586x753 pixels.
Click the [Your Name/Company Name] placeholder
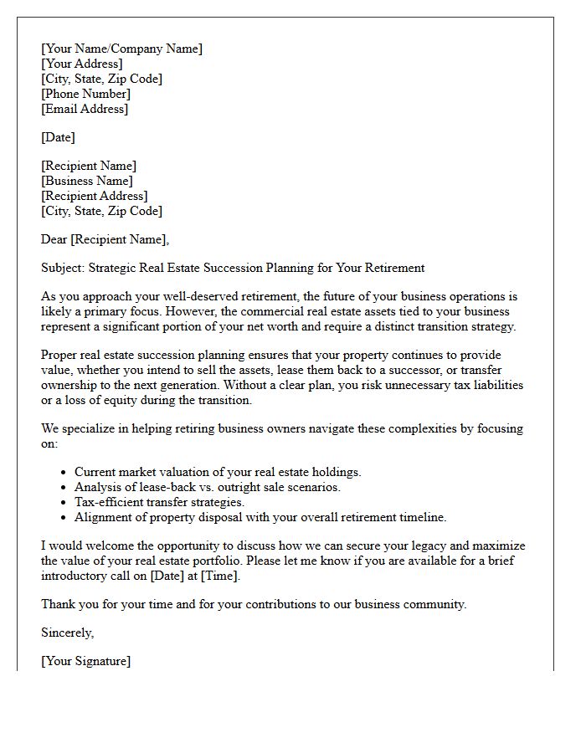click(121, 49)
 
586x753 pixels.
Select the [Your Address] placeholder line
click(81, 64)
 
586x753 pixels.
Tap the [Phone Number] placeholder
click(85, 94)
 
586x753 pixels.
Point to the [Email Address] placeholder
click(85, 109)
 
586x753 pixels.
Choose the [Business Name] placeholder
click(86, 181)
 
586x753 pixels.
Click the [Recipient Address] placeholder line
click(94, 196)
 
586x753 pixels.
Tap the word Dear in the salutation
click(54, 239)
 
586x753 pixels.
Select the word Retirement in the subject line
click(394, 268)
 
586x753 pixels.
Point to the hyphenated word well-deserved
click(198, 296)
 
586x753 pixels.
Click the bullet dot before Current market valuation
click(64, 473)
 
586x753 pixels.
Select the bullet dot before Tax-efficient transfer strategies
click(64, 503)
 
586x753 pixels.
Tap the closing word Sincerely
click(67, 633)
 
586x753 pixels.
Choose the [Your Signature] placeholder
click(85, 661)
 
